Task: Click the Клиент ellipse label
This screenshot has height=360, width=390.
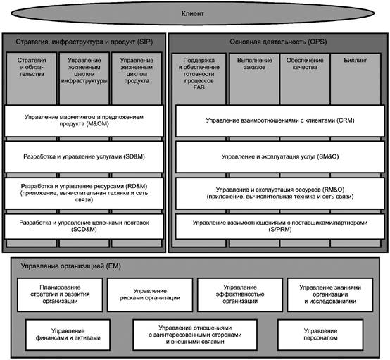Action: pos(192,13)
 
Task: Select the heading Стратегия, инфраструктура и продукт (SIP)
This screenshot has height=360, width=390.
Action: pos(84,42)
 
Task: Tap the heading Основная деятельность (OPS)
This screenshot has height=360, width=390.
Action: pos(278,42)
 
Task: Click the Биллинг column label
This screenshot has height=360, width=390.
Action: pos(356,60)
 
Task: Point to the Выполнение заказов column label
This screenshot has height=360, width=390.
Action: pos(254,63)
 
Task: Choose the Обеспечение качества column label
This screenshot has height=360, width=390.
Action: pos(305,63)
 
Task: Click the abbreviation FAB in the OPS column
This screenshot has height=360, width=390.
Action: pos(199,87)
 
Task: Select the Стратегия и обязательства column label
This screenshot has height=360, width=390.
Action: pos(32,67)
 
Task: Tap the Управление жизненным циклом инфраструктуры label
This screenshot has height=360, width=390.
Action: pos(84,70)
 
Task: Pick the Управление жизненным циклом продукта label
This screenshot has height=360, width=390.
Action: pos(137,70)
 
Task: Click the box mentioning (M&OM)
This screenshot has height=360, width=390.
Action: pos(84,120)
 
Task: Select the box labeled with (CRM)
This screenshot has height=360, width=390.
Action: pos(280,120)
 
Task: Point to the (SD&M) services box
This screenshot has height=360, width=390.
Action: pos(84,157)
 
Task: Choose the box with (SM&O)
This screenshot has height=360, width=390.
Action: pos(280,157)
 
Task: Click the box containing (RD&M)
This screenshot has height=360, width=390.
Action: pos(84,193)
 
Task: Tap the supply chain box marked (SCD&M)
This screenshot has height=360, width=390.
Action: pos(84,226)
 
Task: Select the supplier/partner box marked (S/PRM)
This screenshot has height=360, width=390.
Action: pos(280,226)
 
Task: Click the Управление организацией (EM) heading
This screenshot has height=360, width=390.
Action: pos(71,266)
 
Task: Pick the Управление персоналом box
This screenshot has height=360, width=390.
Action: pos(320,335)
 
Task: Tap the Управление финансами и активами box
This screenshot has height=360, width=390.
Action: pos(68,335)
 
